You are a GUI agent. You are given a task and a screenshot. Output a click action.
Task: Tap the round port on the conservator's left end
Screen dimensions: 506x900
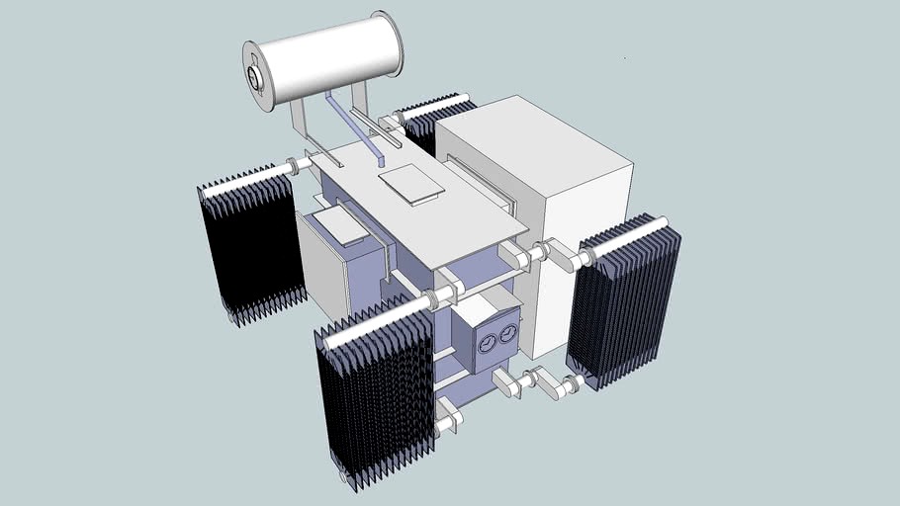pyautogui.click(x=256, y=75)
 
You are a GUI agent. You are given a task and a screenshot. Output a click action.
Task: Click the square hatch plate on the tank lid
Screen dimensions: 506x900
pyautogui.click(x=411, y=184)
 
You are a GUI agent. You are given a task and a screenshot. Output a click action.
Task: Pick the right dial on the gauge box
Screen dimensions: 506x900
pyautogui.click(x=507, y=334)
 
